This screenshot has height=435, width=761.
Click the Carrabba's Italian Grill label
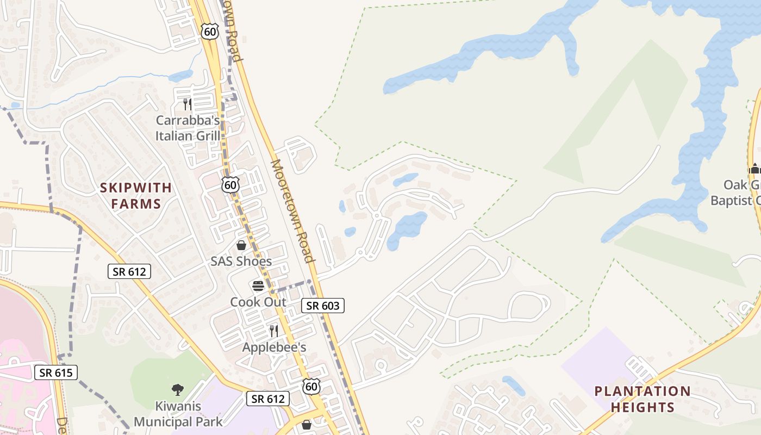point(188,128)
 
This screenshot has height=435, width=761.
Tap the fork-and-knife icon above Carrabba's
point(188,104)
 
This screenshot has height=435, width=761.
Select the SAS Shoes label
point(241,262)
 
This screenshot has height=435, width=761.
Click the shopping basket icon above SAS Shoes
point(241,246)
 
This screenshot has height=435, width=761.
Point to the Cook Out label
point(258,302)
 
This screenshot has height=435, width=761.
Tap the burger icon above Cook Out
point(258,286)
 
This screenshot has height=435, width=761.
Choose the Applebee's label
point(275,347)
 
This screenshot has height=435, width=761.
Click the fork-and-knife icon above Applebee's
point(274,331)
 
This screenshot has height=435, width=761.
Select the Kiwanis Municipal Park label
point(178,414)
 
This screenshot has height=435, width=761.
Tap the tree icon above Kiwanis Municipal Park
point(178,389)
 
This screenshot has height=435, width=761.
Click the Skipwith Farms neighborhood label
point(135,196)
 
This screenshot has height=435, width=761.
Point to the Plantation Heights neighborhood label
point(643,399)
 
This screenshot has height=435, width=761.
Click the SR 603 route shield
point(323,306)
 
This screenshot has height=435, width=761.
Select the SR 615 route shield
point(56,373)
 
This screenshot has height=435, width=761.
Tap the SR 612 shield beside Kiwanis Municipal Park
point(268,399)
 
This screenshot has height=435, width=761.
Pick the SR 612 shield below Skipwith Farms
point(129,271)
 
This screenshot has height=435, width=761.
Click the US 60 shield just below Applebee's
point(311,387)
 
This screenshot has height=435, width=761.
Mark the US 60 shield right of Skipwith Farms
point(231,184)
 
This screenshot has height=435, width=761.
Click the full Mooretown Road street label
point(293,211)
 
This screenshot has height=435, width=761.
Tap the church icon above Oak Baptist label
point(754,169)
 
